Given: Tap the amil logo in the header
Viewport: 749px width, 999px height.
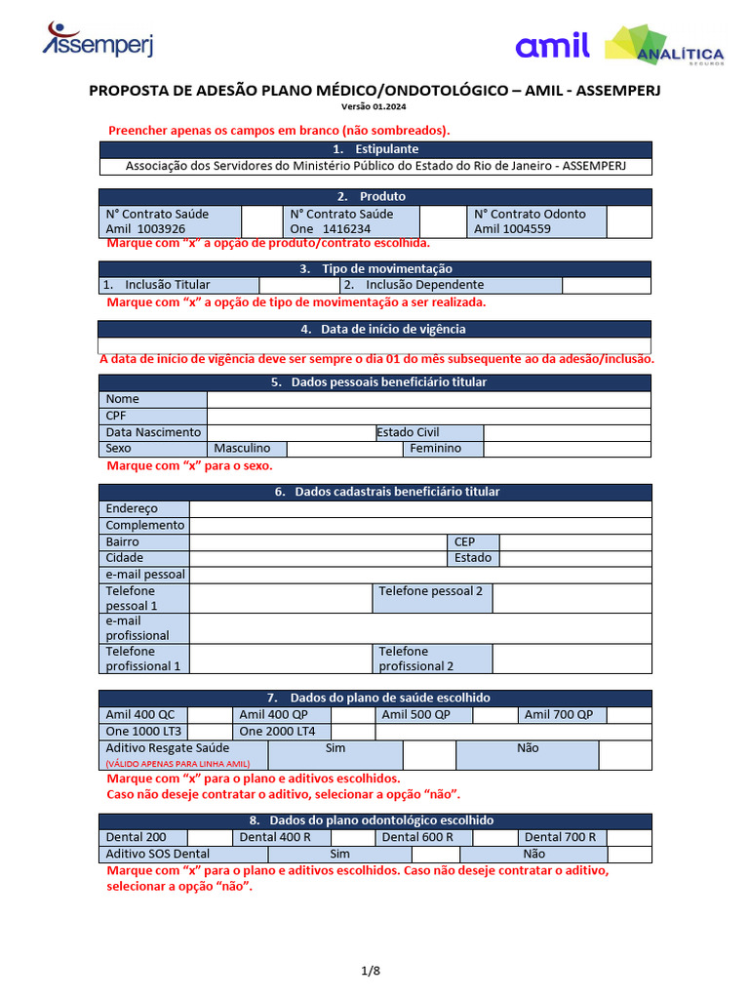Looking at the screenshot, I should (552, 45).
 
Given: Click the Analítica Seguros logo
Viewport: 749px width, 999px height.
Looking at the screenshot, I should (664, 48).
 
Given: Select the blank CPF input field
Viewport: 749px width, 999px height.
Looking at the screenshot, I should (428, 416).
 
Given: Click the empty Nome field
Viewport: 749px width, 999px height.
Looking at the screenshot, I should (428, 399).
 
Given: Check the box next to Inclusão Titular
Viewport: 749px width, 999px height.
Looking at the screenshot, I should (298, 285).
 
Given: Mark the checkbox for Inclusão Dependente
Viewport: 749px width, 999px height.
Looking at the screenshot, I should (606, 285).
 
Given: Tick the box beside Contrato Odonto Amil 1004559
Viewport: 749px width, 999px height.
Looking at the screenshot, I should (628, 221).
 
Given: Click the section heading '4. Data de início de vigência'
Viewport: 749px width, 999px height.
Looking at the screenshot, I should (375, 330).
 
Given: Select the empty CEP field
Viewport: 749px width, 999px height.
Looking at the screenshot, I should (574, 541).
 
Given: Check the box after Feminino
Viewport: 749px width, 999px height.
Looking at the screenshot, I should (567, 449).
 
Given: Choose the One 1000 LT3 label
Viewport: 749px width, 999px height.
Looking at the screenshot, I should (143, 732).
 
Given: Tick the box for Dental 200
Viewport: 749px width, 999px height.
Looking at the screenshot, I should (209, 837).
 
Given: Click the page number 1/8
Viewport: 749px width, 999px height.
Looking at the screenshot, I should (371, 971).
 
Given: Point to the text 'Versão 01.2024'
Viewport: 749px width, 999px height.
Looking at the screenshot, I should (375, 107).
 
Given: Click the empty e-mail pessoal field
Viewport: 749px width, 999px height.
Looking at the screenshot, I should (419, 575).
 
